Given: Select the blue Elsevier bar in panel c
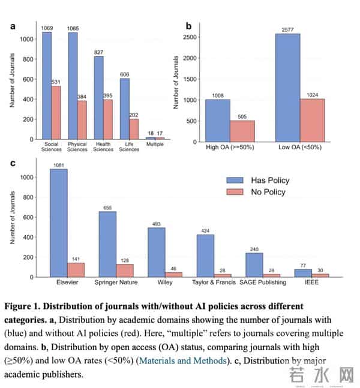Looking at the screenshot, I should (58, 223).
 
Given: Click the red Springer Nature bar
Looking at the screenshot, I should (124, 270).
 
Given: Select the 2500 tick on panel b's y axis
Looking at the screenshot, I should (190, 37).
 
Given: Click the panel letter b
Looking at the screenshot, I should (188, 26).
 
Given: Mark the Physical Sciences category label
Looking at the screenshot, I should (77, 146).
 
